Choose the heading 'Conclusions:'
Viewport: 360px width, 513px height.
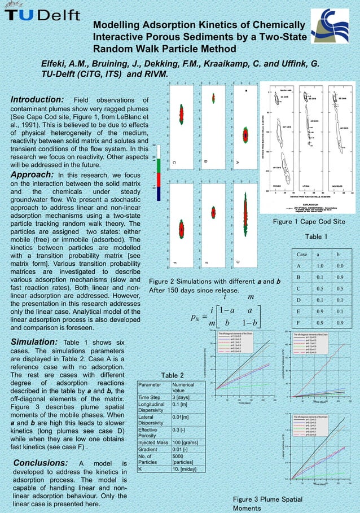click(x=40, y=463)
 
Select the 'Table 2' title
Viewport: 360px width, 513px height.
click(x=173, y=375)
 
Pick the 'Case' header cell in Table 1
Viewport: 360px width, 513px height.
click(x=302, y=255)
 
